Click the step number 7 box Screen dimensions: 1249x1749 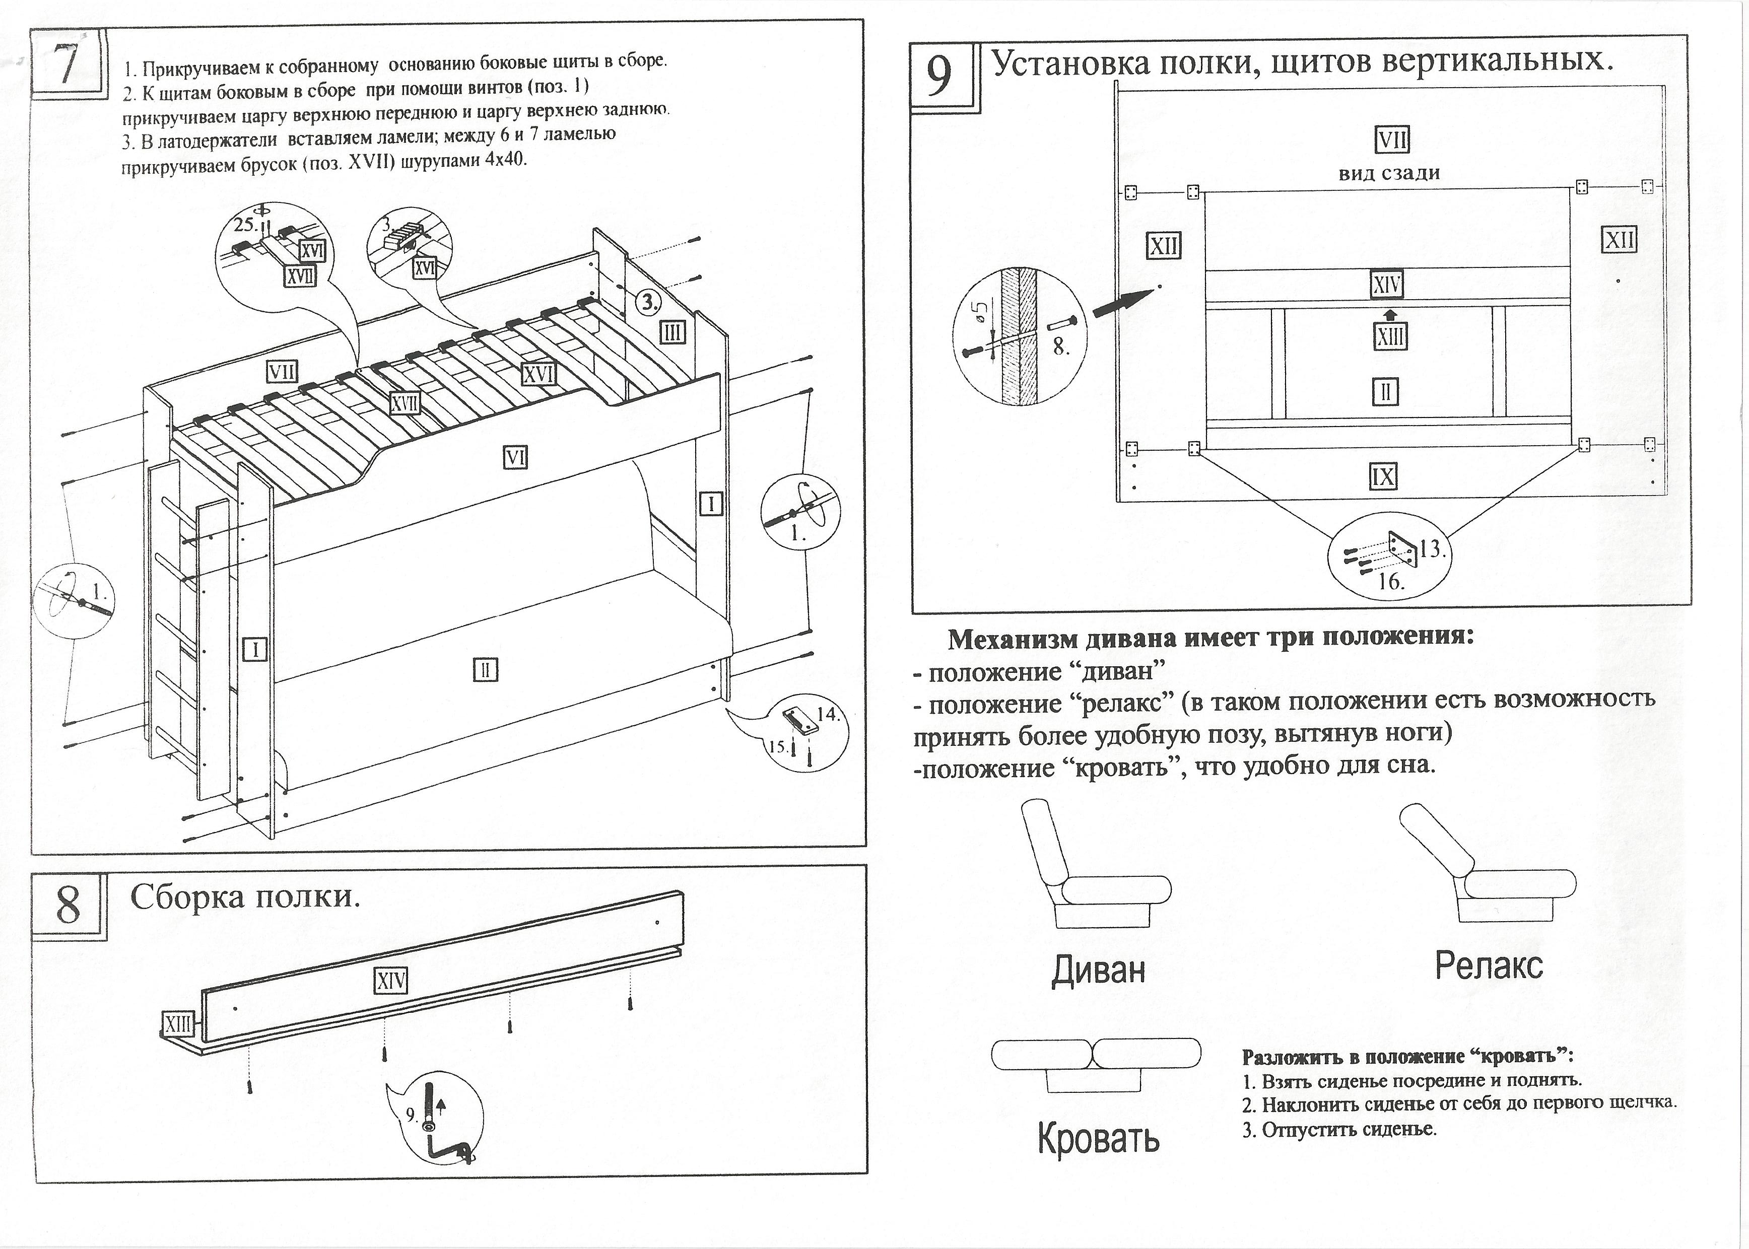click(68, 64)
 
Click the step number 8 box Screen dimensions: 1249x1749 click(68, 905)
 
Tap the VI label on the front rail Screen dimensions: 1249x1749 click(515, 458)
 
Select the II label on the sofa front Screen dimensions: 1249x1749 click(485, 670)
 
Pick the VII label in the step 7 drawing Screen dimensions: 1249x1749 click(282, 372)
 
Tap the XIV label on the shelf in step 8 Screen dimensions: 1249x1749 click(391, 981)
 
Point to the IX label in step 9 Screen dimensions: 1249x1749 click(1382, 477)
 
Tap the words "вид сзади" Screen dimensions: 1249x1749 click(1389, 173)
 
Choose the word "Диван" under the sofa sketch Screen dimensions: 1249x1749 click(1098, 970)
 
